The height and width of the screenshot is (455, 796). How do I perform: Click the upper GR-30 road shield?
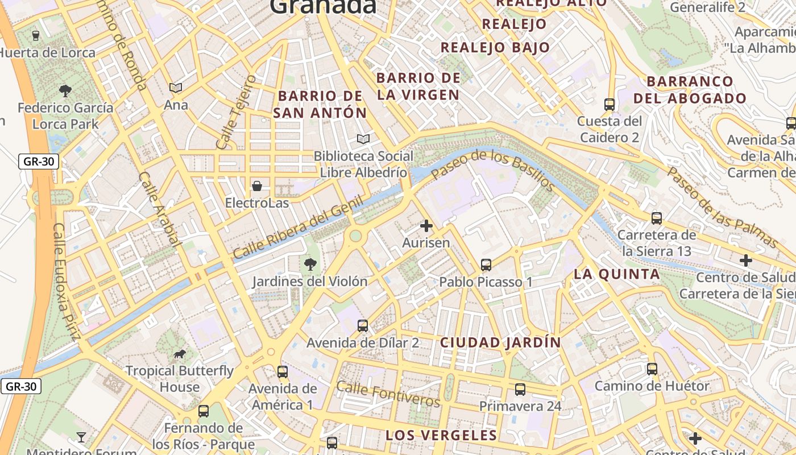(x=39, y=162)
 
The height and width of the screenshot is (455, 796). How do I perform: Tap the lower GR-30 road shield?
(x=21, y=387)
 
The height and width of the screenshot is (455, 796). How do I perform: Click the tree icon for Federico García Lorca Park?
(x=65, y=90)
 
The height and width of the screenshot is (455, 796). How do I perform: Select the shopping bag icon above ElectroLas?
(x=257, y=186)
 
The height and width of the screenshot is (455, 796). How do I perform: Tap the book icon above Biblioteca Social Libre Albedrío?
(x=363, y=139)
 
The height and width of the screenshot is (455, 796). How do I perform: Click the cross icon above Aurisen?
(x=426, y=226)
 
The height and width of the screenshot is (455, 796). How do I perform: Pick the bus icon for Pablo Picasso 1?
(x=486, y=264)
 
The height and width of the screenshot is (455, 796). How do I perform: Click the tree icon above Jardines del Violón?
(x=310, y=264)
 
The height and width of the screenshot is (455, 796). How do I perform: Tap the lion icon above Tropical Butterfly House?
(x=180, y=354)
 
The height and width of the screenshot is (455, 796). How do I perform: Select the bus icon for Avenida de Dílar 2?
(x=363, y=326)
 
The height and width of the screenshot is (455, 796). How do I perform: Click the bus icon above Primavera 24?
(x=520, y=390)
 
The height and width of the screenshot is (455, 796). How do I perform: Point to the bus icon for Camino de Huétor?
(x=652, y=369)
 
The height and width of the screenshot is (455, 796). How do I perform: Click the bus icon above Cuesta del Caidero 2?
(x=610, y=105)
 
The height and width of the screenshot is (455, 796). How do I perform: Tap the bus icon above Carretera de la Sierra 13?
(x=657, y=218)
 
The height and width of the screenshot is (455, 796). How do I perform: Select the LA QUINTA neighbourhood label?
(x=617, y=274)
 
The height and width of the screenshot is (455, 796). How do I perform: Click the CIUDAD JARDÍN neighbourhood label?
(x=500, y=342)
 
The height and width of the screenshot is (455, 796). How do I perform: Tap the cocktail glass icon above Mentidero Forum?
(x=81, y=437)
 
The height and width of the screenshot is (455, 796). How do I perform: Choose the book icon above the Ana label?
(x=176, y=88)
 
